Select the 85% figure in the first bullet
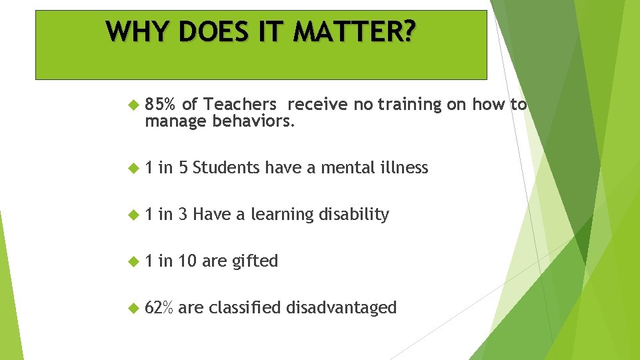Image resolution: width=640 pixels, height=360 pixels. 161,105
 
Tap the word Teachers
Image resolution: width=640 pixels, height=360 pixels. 240,105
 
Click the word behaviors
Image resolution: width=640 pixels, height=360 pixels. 253,121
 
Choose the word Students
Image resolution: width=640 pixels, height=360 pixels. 227,168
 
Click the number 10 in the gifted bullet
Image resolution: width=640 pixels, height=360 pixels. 187,261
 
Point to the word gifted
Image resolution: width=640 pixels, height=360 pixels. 255,261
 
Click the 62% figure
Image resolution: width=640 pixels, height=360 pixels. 159,308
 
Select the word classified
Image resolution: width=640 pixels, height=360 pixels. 245,308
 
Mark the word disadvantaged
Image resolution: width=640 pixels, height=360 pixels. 341,308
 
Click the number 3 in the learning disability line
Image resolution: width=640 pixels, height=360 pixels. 183,215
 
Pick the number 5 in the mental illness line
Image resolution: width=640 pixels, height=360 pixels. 183,168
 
